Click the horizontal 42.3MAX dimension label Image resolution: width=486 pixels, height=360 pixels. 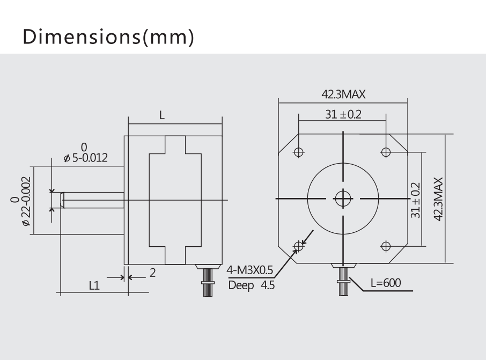click(343, 94)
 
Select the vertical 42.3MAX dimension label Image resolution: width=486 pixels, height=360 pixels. click(438, 199)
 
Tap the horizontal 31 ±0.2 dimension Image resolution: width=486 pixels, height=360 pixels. click(343, 114)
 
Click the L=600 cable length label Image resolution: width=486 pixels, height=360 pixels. click(385, 283)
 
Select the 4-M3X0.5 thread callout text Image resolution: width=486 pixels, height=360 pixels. click(251, 269)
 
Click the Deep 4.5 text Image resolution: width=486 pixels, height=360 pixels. click(251, 285)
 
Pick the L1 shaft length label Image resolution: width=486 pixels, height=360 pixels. click(94, 286)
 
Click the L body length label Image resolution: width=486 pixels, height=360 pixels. click(162, 115)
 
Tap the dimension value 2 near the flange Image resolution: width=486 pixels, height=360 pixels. click(152, 273)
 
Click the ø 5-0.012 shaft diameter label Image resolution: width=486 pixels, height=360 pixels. click(85, 158)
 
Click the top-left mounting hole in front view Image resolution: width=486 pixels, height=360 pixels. click(299, 152)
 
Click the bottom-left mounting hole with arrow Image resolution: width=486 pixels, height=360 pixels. click(299, 246)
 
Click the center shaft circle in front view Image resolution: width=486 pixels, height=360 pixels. click(342, 199)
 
